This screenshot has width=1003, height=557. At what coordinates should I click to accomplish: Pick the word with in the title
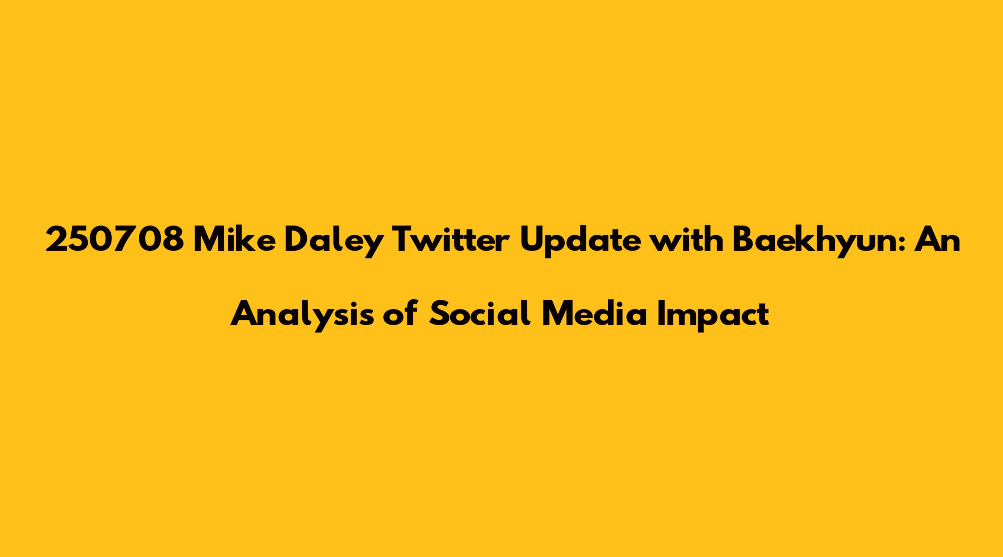(x=686, y=240)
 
